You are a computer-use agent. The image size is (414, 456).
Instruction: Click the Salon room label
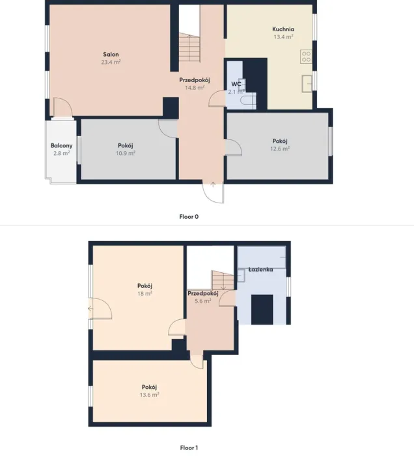[111, 54]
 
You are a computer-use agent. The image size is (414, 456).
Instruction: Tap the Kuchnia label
[283, 29]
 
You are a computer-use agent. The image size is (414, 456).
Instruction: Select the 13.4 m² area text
[283, 37]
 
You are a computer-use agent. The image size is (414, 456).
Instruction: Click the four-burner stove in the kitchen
[306, 57]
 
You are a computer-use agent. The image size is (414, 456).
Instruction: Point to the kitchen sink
[307, 84]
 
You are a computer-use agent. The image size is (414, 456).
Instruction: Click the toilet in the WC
[249, 100]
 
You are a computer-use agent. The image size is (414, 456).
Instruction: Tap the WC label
[236, 84]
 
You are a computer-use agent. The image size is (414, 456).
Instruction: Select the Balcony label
[62, 145]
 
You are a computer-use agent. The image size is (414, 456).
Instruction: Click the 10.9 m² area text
[126, 153]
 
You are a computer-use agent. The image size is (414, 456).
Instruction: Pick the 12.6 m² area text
[280, 149]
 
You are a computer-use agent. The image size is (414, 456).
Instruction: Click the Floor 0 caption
[189, 217]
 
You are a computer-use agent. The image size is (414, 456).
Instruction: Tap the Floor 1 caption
[189, 448]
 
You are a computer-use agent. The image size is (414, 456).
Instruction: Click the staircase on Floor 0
[189, 47]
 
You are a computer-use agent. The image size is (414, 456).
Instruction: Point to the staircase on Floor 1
[223, 280]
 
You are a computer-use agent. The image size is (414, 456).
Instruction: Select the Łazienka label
[260, 270]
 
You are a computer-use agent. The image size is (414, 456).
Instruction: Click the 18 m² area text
[145, 293]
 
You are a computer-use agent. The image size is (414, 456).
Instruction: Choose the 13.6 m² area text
[149, 395]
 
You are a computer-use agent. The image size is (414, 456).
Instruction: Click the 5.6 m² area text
[203, 301]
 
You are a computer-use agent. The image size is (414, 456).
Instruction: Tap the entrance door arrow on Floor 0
[213, 184]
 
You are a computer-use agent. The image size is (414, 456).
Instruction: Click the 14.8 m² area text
[195, 87]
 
